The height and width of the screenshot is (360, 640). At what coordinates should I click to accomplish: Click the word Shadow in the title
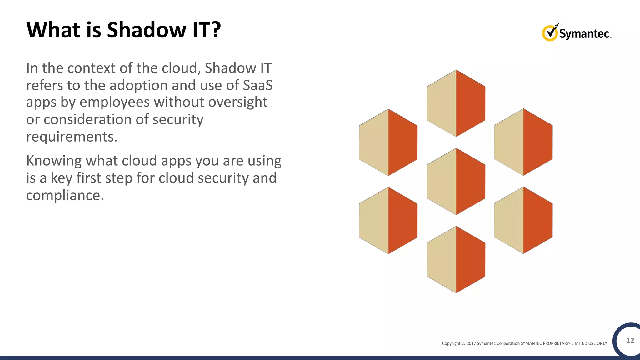click(x=147, y=30)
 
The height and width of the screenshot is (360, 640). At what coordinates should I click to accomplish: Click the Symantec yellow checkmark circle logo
click(x=550, y=33)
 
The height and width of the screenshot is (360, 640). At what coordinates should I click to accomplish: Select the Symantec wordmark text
click(x=584, y=34)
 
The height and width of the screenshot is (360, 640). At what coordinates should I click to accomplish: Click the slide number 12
click(x=630, y=340)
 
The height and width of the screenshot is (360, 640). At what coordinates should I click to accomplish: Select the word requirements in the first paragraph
click(x=71, y=137)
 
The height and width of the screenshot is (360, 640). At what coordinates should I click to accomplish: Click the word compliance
click(x=64, y=195)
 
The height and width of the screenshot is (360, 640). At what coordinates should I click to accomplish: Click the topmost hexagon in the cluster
click(x=456, y=103)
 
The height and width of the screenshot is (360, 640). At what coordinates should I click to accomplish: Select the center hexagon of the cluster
click(x=456, y=181)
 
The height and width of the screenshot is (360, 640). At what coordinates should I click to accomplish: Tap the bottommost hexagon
click(x=456, y=259)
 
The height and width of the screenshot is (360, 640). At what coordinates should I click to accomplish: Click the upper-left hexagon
click(x=388, y=142)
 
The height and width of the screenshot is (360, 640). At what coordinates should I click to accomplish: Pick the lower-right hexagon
click(x=523, y=220)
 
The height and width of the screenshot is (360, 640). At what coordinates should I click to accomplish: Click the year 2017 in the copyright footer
click(x=471, y=343)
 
